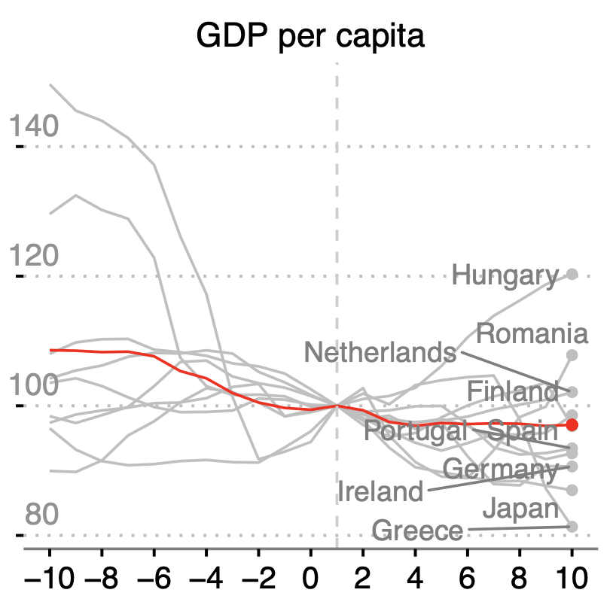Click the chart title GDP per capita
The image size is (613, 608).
tap(310, 36)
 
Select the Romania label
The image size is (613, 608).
tap(532, 333)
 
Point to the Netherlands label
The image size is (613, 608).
tap(380, 351)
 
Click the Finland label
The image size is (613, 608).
tap(512, 391)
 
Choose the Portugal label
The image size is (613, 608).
tap(415, 431)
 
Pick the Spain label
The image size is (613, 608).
tap(522, 431)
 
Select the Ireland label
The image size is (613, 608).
tap(380, 492)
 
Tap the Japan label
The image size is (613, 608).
tap(520, 509)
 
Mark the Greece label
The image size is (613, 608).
tap(417, 531)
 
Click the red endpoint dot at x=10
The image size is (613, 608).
tap(572, 425)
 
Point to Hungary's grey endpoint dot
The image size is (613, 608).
tap(572, 274)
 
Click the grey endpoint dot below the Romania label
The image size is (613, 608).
tap(572, 354)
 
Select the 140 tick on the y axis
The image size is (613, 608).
tap(33, 127)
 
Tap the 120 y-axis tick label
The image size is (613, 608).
tap(33, 257)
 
